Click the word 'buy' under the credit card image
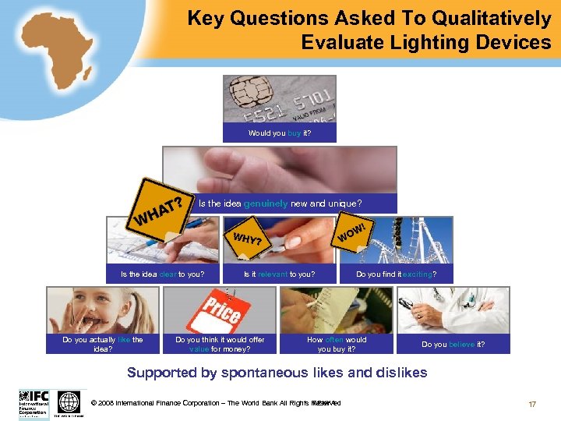[295, 133]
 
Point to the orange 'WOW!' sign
[355, 231]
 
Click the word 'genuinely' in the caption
[266, 204]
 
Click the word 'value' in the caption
[199, 349]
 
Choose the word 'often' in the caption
[333, 340]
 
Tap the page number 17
[532, 404]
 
